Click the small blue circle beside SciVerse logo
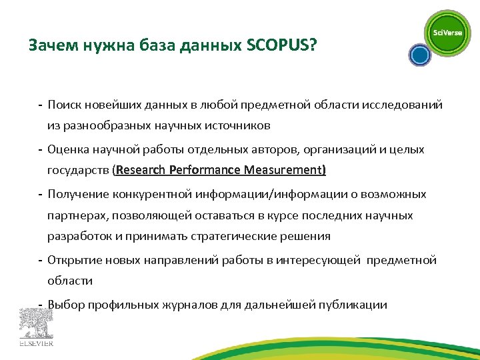[x=419, y=55]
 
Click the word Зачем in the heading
[x=50, y=46]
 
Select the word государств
[x=79, y=170]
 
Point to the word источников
[x=237, y=125]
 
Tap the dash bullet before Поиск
[x=41, y=105]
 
